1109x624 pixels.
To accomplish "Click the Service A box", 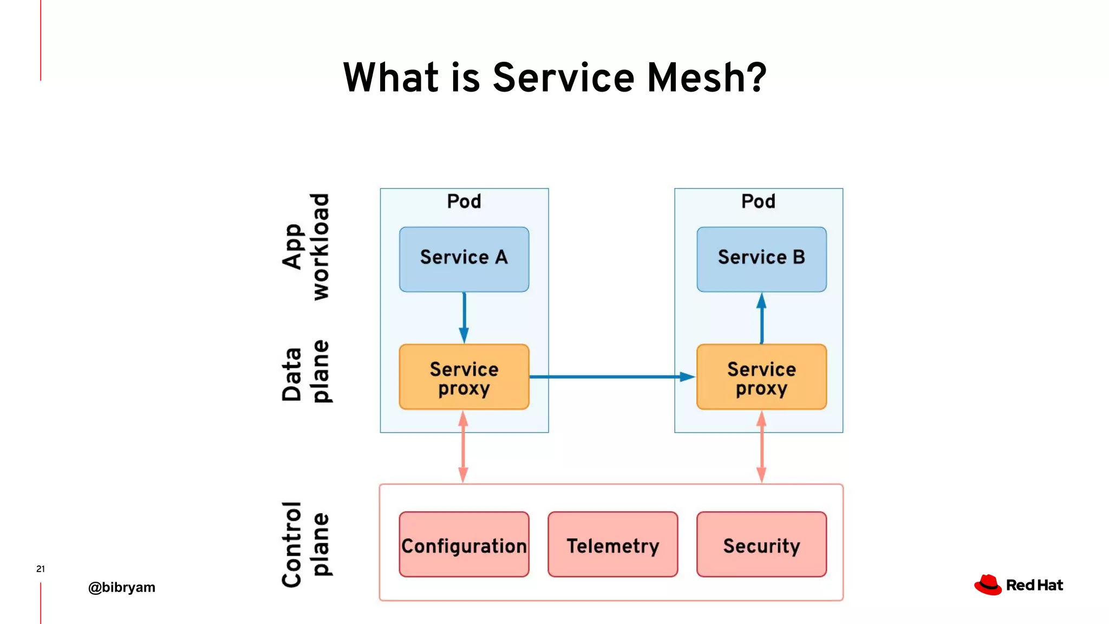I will (464, 259).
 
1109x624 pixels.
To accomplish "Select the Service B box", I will (761, 259).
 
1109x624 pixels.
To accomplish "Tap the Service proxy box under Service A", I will (464, 377).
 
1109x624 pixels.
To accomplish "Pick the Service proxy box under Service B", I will (761, 377).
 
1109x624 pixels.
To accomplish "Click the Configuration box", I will (464, 544).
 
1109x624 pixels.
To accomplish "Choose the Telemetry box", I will (612, 544).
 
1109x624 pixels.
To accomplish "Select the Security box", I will (761, 544).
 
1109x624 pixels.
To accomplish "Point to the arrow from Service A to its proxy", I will (464, 317).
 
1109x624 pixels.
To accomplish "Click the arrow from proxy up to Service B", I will (761, 318).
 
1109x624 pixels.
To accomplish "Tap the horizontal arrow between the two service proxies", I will (612, 376).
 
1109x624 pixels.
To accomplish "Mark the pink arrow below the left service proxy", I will (464, 447).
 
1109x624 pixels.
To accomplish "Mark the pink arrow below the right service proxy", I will (761, 447).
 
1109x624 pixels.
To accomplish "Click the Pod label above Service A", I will (464, 201).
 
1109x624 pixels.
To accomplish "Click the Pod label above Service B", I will (758, 201).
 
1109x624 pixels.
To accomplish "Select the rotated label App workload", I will (306, 246).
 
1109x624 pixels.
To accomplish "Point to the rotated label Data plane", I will (306, 372).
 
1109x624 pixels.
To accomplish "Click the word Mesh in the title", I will (707, 77).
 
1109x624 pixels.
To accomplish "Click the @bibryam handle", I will (122, 587).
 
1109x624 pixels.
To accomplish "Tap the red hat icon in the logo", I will (988, 585).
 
